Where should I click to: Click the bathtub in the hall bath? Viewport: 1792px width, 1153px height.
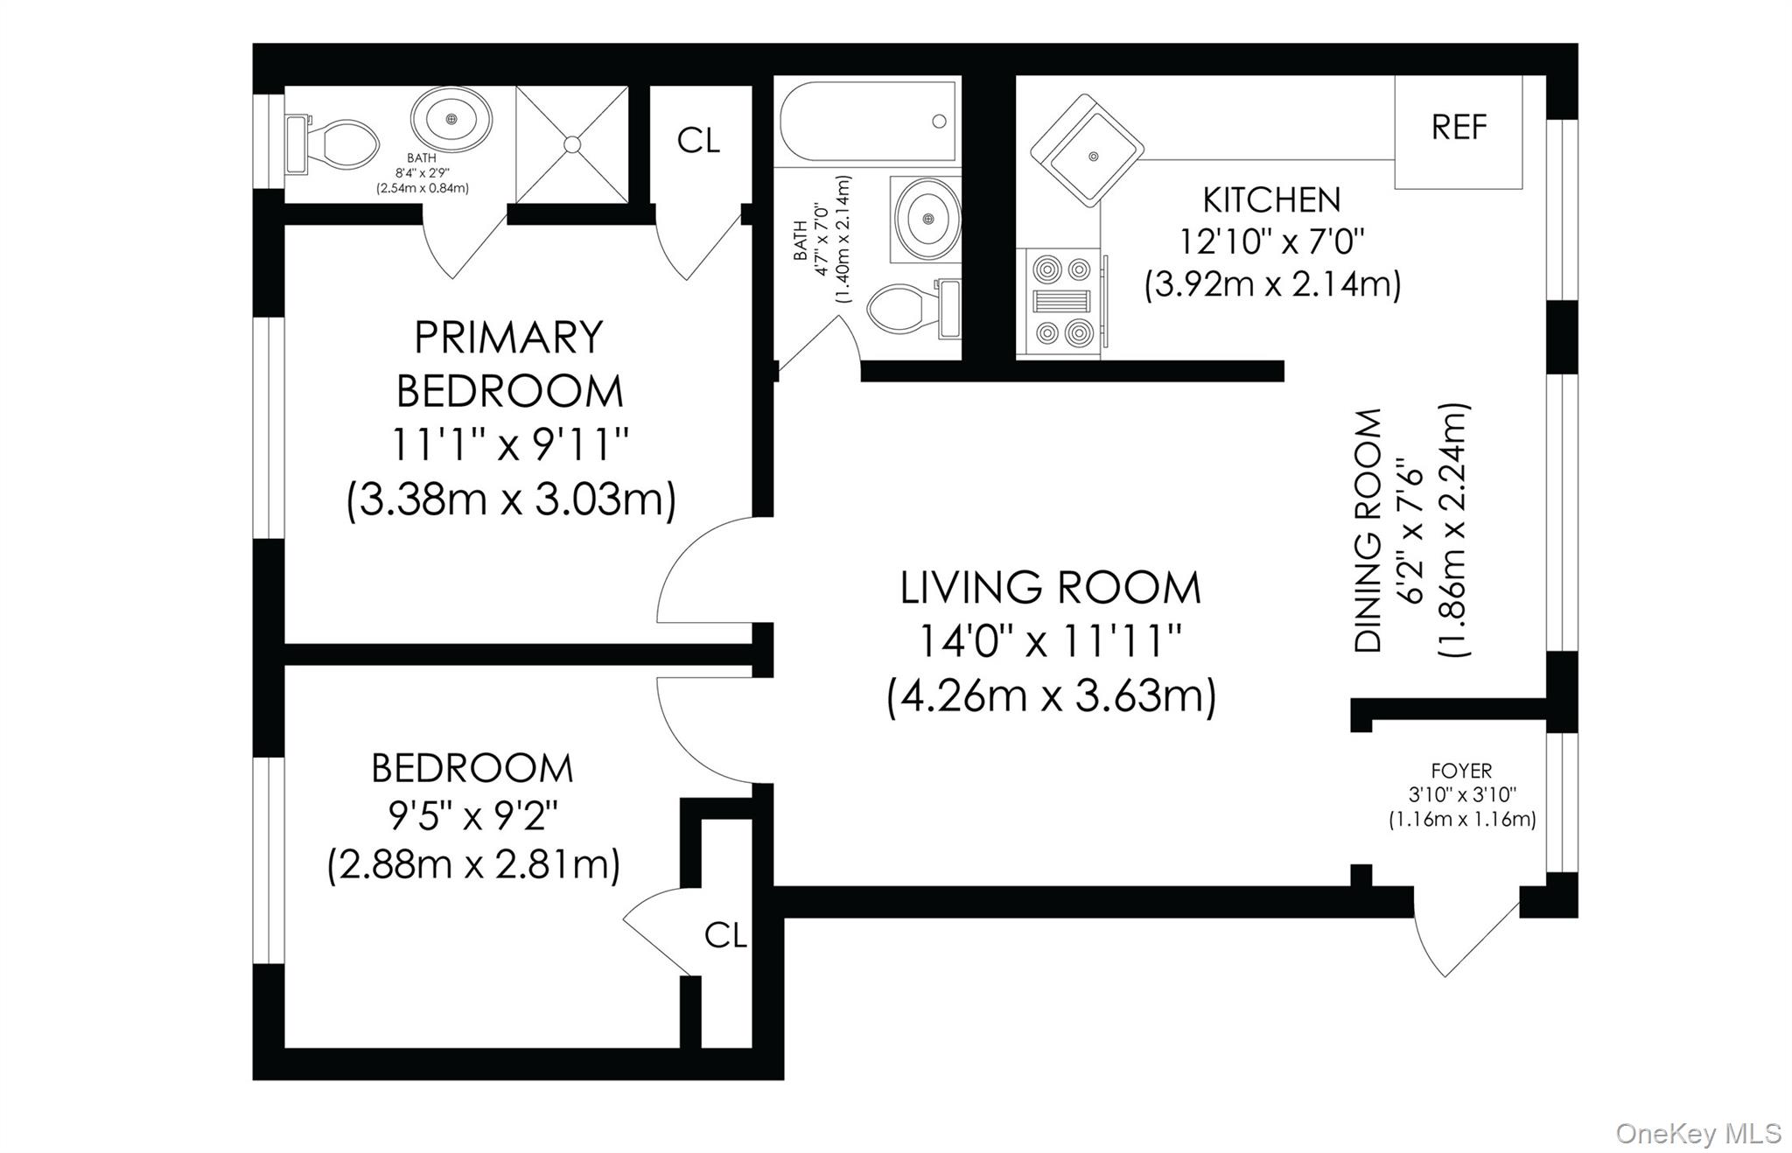click(869, 122)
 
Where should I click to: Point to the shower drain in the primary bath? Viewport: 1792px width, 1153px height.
click(572, 144)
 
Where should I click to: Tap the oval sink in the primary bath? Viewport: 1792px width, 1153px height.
click(451, 119)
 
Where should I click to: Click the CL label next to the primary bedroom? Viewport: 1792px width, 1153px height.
click(698, 140)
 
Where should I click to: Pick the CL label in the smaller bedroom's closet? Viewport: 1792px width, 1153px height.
click(725, 935)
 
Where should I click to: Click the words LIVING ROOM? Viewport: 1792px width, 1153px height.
click(1050, 588)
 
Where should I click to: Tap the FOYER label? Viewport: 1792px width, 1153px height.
click(1461, 771)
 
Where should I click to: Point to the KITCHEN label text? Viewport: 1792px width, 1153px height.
click(1270, 200)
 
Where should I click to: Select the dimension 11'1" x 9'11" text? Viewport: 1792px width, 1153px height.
click(509, 446)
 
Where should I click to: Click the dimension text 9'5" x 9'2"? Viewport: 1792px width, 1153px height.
click(472, 817)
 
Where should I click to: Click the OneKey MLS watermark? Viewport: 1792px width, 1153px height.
click(1697, 1133)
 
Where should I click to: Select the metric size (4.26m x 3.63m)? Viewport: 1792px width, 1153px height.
click(1050, 697)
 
